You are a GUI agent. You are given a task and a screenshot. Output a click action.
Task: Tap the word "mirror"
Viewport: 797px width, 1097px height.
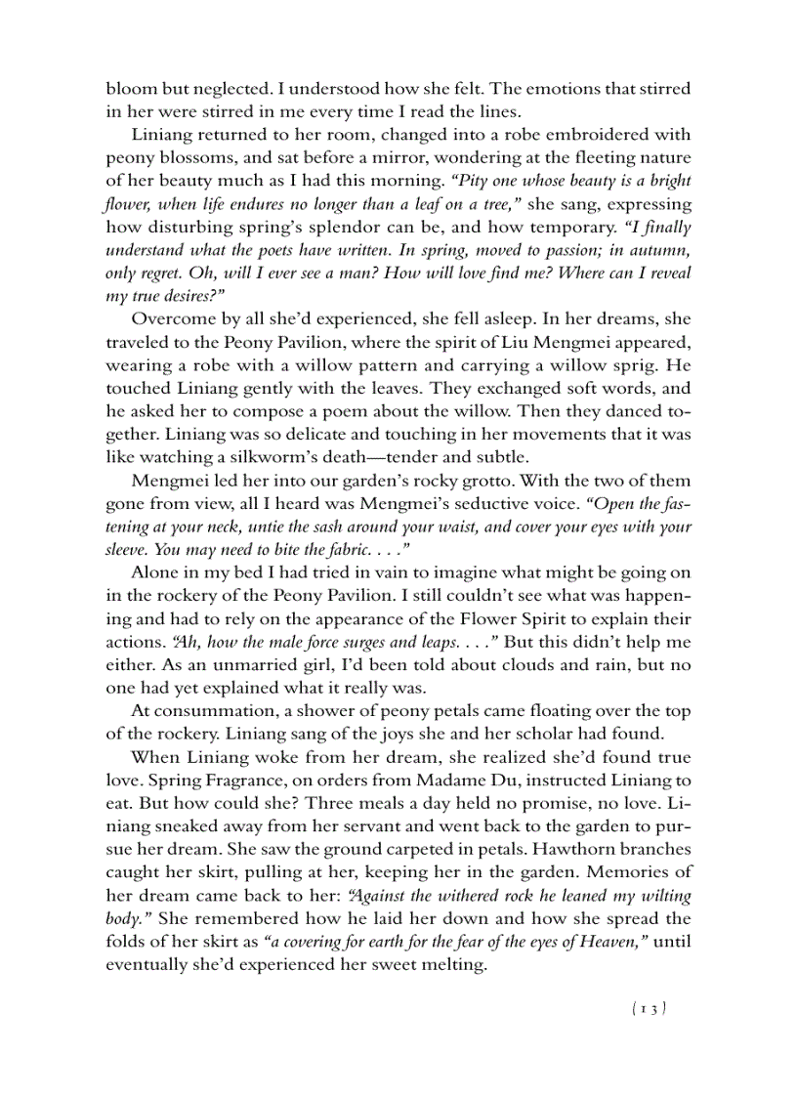397,158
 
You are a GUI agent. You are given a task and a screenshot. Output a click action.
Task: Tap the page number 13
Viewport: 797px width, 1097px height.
650,1009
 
